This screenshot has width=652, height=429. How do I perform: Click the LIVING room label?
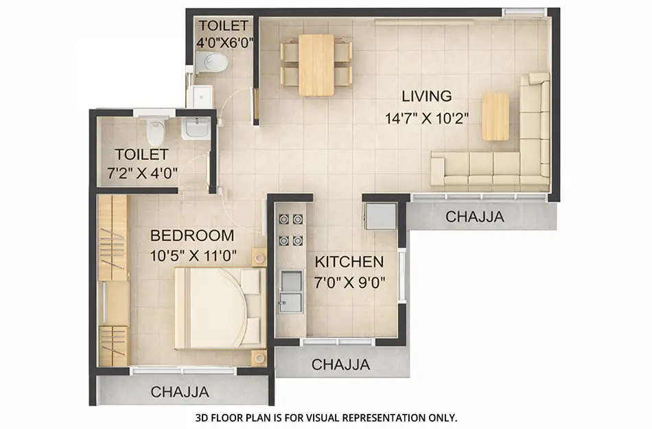pyautogui.click(x=426, y=96)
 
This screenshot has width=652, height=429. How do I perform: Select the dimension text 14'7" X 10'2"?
pyautogui.click(x=426, y=117)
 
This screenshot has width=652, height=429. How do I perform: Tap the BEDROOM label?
pyautogui.click(x=192, y=236)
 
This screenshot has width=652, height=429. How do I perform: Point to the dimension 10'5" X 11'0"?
pyautogui.click(x=194, y=256)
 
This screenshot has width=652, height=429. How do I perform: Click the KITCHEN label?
pyautogui.click(x=349, y=262)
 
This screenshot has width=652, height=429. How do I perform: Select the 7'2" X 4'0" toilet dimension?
pyautogui.click(x=143, y=173)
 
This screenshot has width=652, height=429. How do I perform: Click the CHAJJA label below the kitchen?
pyautogui.click(x=341, y=364)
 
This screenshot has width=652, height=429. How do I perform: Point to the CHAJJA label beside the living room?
pyautogui.click(x=475, y=217)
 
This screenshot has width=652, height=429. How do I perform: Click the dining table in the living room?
pyautogui.click(x=316, y=65)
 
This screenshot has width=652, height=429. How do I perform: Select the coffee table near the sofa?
pyautogui.click(x=496, y=117)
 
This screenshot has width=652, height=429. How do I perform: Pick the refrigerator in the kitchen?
pyautogui.click(x=380, y=216)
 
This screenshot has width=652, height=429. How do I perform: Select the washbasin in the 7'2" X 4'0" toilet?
pyautogui.click(x=197, y=128)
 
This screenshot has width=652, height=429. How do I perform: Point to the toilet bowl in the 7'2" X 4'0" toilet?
pyautogui.click(x=156, y=128)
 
